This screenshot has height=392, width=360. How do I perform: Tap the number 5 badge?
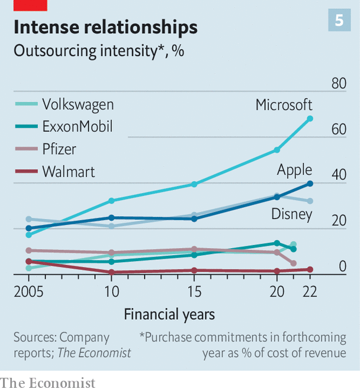(x=339, y=21)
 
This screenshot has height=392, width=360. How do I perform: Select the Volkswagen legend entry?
(x=78, y=105)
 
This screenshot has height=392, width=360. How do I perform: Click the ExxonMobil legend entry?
(x=77, y=126)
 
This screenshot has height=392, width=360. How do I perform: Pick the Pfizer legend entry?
(x=59, y=149)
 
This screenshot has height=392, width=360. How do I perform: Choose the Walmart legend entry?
(x=68, y=172)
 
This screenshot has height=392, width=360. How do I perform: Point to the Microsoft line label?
(x=284, y=105)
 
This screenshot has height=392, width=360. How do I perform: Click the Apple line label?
(x=294, y=171)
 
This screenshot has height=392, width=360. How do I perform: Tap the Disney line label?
(x=291, y=214)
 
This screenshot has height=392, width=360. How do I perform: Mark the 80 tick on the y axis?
(x=339, y=84)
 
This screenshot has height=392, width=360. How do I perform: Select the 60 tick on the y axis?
(x=339, y=130)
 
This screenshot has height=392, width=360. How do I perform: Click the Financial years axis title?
(x=169, y=314)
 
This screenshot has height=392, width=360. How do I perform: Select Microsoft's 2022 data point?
(x=310, y=119)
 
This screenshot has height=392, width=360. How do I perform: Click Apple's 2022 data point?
(x=310, y=184)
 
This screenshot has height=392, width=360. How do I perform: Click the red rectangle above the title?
(x=24, y=5)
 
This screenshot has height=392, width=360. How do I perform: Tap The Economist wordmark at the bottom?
(x=48, y=383)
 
